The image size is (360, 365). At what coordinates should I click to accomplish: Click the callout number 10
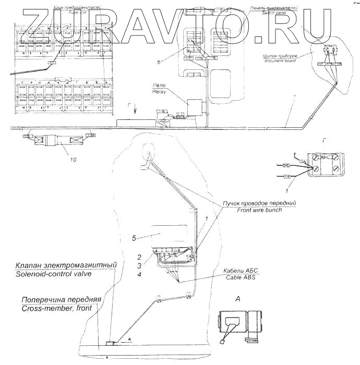click(x=73, y=160)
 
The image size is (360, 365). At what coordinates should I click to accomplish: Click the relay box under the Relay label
click(x=197, y=108)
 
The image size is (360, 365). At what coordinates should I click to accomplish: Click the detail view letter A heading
click(x=237, y=299)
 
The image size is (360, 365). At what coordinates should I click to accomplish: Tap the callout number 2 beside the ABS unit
click(x=140, y=257)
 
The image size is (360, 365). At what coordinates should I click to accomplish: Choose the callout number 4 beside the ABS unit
click(x=139, y=274)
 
